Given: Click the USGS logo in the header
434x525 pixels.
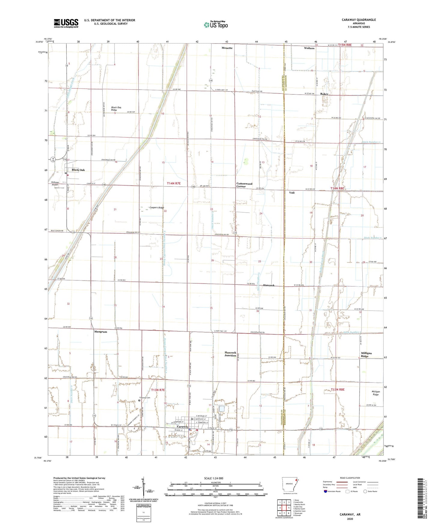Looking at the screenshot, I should tap(66, 23).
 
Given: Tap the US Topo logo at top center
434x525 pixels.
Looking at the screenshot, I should tap(215, 25).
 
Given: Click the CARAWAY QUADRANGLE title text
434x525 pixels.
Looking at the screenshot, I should tap(359, 20).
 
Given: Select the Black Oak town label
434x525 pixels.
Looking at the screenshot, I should tap(78, 170).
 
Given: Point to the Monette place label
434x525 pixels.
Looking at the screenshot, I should tap(227, 48).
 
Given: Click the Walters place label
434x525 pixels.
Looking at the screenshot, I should tap(309, 48).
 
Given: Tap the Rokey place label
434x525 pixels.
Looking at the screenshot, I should tap(324, 94).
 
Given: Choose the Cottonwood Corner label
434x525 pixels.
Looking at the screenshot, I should tap(244, 185).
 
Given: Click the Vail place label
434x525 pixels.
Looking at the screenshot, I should tap(292, 193).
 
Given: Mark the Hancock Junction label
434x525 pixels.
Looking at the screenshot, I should tap(230, 354).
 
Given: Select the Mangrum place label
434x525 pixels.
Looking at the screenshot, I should tap(101, 332).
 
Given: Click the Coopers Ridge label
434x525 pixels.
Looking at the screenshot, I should tap(157, 207).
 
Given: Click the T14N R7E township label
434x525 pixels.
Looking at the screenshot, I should tap(174, 183).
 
